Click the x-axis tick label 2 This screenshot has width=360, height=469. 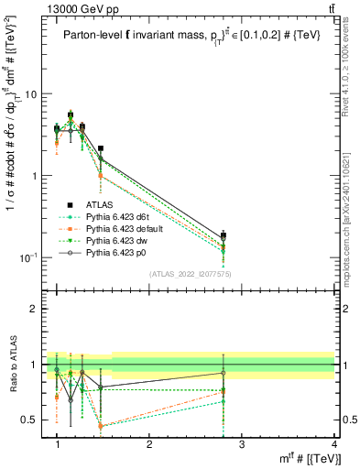tap(149, 444)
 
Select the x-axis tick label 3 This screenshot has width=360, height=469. tap(242, 444)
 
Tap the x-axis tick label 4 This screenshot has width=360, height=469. tap(333, 444)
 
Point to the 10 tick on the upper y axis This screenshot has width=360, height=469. tap(30, 94)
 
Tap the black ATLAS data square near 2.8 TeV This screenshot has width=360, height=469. tap(249, 235)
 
